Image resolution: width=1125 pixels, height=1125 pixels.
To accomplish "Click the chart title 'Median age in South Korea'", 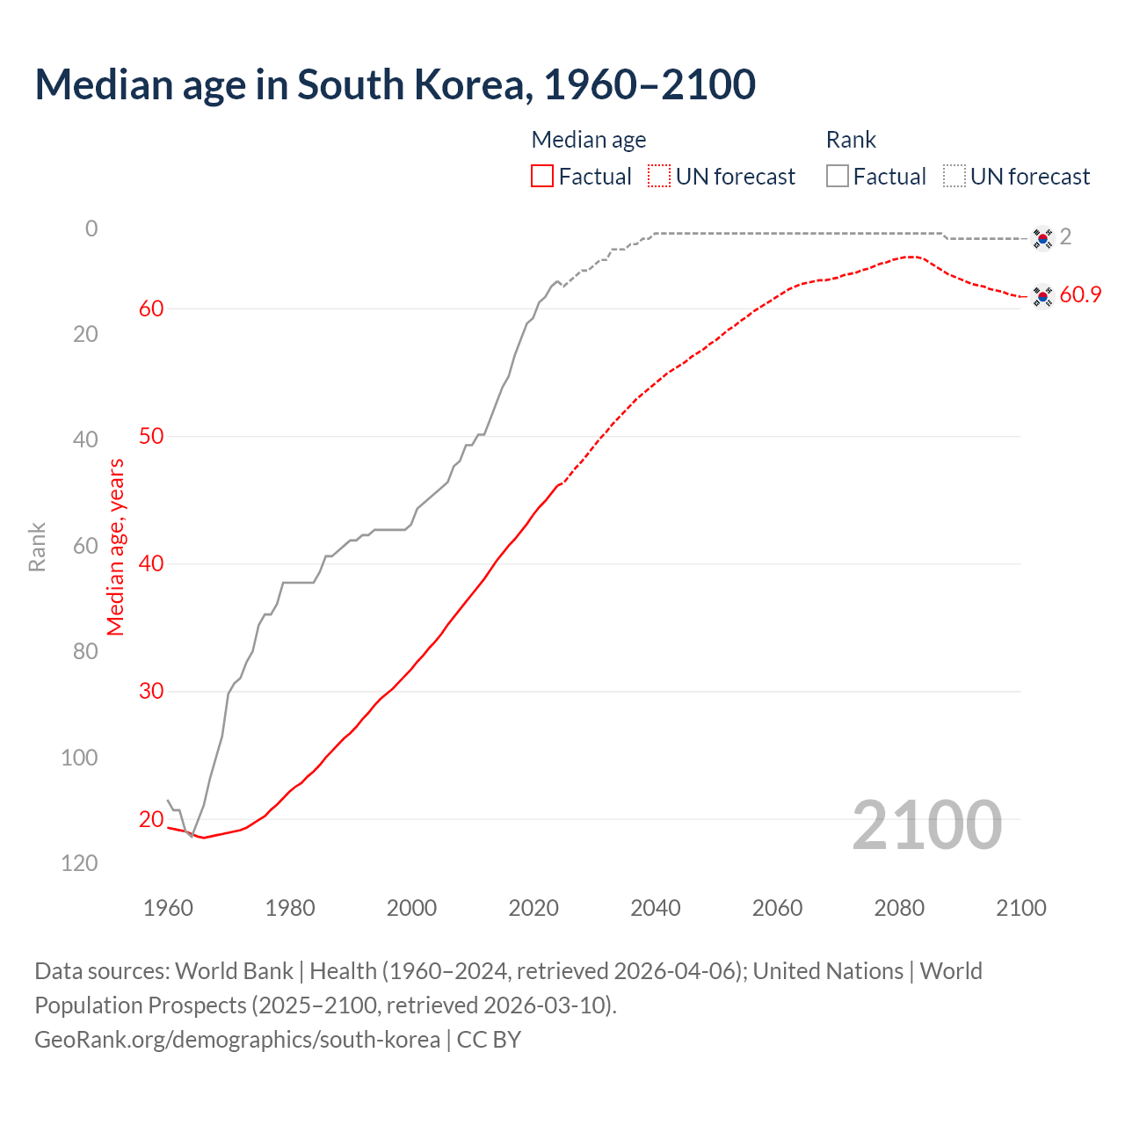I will click(x=395, y=85).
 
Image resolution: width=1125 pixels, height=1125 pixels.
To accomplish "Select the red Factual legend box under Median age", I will click(x=542, y=177).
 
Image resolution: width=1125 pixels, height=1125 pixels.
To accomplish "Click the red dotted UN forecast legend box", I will click(x=659, y=177).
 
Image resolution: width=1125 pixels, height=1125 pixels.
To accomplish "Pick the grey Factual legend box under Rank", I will click(x=838, y=177).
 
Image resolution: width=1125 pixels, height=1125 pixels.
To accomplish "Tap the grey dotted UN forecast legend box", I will click(x=954, y=177).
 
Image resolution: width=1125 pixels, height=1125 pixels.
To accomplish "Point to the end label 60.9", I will click(x=1080, y=295).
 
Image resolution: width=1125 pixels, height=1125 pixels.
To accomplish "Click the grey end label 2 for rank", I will click(x=1065, y=236).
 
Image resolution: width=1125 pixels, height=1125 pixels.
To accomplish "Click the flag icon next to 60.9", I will click(x=1042, y=297).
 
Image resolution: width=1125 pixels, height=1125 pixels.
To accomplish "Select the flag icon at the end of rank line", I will click(x=1042, y=238).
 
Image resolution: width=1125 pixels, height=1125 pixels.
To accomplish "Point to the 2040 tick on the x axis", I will click(x=656, y=908).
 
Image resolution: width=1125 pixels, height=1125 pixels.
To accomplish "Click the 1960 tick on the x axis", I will click(x=168, y=908).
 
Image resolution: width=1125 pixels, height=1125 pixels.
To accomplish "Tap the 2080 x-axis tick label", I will click(x=899, y=908).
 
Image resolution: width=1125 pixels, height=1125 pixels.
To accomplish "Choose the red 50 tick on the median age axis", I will click(x=151, y=436).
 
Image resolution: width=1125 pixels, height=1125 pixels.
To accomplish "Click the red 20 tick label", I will click(x=151, y=819).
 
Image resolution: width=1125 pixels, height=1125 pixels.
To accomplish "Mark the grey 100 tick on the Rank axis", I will click(x=79, y=758).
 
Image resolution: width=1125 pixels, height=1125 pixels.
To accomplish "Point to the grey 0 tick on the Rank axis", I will click(x=91, y=229).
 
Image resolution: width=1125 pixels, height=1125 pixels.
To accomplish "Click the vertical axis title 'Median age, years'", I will click(x=116, y=547).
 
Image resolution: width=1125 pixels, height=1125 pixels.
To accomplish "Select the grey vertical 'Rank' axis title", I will click(x=37, y=547).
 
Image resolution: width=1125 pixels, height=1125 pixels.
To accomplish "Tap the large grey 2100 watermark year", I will click(x=927, y=824).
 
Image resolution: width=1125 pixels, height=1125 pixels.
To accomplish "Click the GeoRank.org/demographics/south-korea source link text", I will click(x=237, y=1040).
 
